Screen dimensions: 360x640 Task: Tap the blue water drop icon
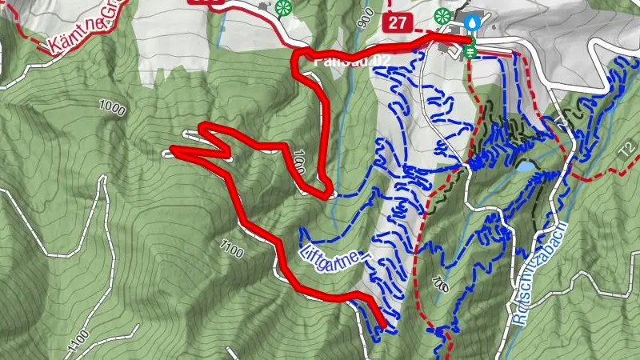473,22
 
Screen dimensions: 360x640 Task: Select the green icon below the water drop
470,50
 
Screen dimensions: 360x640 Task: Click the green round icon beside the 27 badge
442,15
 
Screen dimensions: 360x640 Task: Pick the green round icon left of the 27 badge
282,9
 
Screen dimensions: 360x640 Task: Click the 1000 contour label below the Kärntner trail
113,106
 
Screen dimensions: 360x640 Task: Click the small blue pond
525,168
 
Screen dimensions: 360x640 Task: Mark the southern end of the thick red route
383,325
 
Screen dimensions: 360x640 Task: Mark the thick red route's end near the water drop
469,38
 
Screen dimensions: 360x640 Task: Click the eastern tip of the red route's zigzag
230,154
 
